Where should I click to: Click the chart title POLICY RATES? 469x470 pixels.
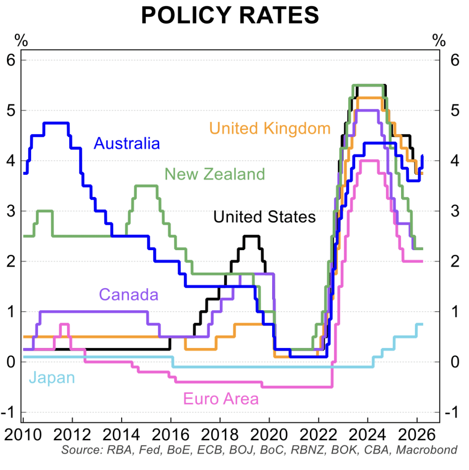(x=230, y=16)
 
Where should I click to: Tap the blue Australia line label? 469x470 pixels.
(x=127, y=144)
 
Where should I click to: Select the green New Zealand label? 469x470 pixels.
(x=215, y=174)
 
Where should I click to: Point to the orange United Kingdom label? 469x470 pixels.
(x=270, y=129)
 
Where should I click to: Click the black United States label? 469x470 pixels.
(x=265, y=216)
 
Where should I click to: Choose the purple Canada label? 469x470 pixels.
(x=128, y=294)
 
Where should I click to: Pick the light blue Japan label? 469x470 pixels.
(x=51, y=378)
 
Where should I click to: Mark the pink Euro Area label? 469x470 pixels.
(x=221, y=399)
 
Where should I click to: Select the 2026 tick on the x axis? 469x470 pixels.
(x=416, y=434)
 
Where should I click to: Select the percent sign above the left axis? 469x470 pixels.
(x=21, y=40)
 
